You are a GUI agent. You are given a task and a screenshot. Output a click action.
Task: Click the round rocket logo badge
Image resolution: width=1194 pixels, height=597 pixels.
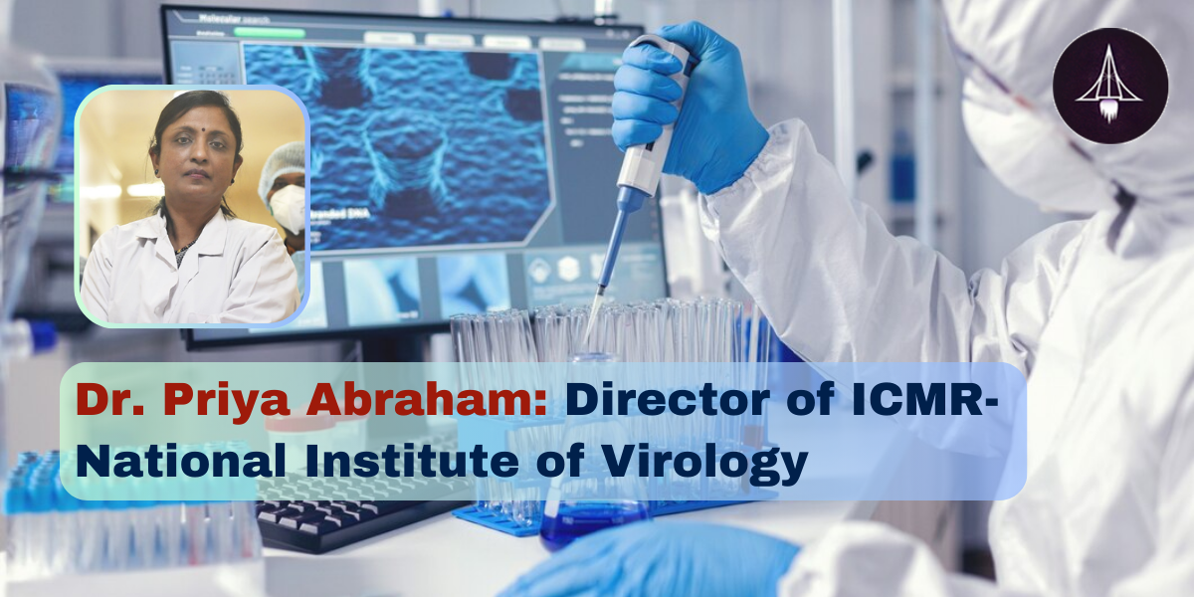pyautogui.click(x=1110, y=86)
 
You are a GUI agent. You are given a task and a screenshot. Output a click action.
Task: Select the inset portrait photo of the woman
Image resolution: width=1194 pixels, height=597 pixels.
pyautogui.click(x=192, y=207)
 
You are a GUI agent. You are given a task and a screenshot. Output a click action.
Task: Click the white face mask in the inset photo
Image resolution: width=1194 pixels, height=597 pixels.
pyautogui.click(x=288, y=208)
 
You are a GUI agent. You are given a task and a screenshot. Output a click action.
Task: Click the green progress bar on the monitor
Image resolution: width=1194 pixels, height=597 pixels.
pyautogui.click(x=269, y=32)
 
